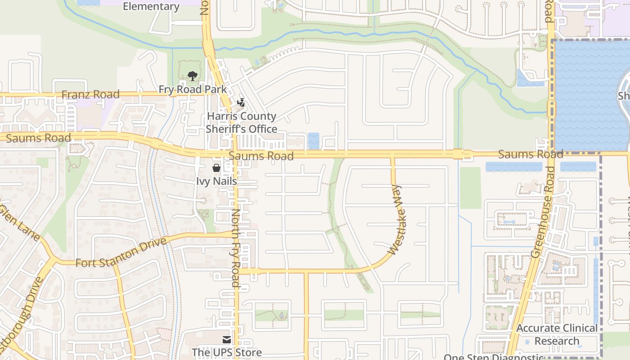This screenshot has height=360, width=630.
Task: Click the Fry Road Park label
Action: click(x=193, y=89)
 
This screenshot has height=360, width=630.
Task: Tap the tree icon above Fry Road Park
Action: click(x=193, y=76)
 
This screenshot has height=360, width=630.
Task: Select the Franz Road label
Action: click(x=90, y=94)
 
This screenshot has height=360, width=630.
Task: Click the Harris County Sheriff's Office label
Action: click(x=241, y=122)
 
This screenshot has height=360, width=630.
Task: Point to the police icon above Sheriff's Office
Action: click(x=241, y=103)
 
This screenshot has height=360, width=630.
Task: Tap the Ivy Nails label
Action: click(x=216, y=181)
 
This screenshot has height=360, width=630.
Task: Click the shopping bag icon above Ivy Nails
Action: click(x=216, y=168)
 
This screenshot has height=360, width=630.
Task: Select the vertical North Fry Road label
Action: click(x=235, y=248)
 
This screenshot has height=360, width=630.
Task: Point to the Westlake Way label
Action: click(x=396, y=220)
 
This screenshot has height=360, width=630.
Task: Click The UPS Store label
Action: click(x=227, y=352)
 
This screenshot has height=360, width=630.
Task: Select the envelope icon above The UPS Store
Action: click(x=227, y=339)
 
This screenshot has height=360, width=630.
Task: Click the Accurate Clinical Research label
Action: click(x=557, y=334)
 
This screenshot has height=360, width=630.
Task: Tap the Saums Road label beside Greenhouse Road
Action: click(x=531, y=154)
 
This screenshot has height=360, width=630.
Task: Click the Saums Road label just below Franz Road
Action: click(x=39, y=138)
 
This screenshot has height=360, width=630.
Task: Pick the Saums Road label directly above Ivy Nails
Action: click(x=261, y=156)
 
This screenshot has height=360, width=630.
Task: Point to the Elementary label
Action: click(x=151, y=6)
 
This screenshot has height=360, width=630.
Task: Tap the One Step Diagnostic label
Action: click(x=494, y=357)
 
